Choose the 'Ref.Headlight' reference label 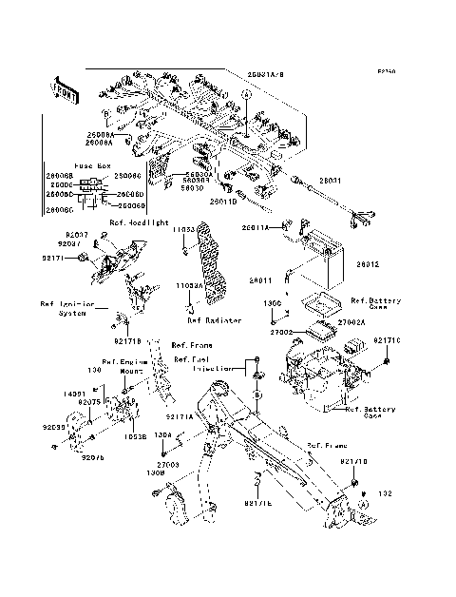135,222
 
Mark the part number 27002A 351,322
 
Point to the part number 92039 54,428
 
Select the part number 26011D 223,201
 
